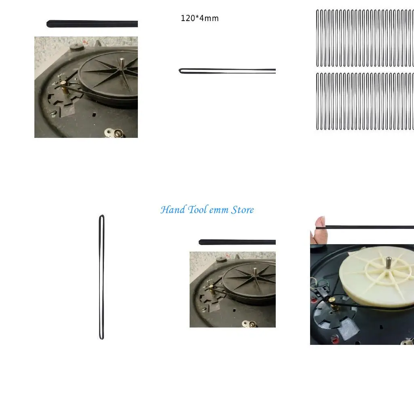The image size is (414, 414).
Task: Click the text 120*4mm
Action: coord(200,18)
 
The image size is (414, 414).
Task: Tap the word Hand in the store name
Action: coord(173,210)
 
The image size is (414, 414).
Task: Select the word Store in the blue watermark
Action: coord(243,210)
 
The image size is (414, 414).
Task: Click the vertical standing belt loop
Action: coord(102,277)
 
